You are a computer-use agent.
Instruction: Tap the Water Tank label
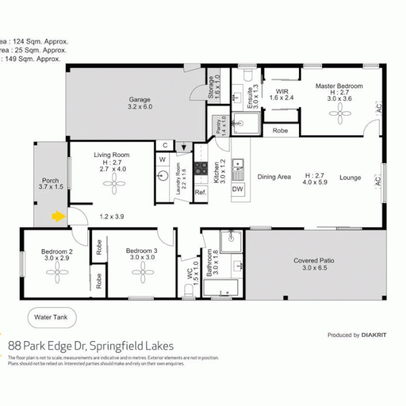[51, 317]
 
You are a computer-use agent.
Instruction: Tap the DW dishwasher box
[238, 189]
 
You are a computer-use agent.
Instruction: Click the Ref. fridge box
[200, 193]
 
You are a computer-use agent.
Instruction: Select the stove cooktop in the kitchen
[200, 168]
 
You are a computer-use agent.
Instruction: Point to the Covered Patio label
[315, 261]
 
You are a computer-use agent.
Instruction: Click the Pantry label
[219, 126]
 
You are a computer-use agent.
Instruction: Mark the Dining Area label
[274, 177]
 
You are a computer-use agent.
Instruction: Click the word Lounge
[350, 178]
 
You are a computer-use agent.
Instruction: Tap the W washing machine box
[162, 160]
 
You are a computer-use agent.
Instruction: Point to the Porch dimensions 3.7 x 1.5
[51, 187]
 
